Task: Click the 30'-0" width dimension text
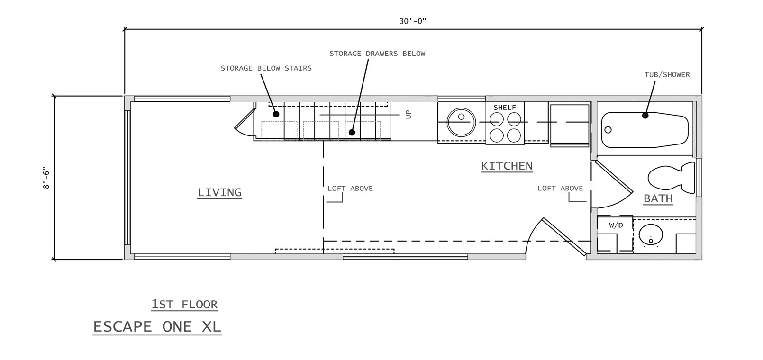point(413,21)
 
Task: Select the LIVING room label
point(220,193)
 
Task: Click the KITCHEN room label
point(507,166)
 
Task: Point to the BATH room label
point(658,198)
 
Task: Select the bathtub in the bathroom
point(645,130)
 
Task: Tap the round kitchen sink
point(461,122)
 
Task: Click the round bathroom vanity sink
point(651,235)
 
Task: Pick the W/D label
point(616,225)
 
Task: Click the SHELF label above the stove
point(505,108)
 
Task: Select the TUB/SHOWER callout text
point(667,75)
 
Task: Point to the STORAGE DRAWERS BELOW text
point(377,54)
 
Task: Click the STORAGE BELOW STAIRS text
point(266,69)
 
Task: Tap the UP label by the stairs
point(409,115)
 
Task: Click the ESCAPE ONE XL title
point(157,327)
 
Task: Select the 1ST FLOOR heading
point(184,304)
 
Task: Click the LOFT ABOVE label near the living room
point(350,189)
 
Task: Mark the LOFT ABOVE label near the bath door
point(560,189)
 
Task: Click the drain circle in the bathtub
point(608,130)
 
